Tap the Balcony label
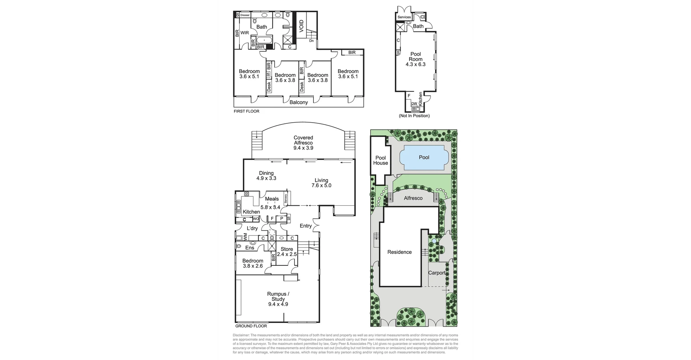(299, 102)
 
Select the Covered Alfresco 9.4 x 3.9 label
(303, 142)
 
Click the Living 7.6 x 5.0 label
(321, 183)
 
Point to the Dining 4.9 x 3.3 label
(266, 176)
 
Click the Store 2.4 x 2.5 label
(287, 251)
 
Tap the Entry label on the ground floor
(306, 226)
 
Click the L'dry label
(252, 228)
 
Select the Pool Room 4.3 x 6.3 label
(416, 59)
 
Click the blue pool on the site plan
(424, 158)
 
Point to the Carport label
(437, 273)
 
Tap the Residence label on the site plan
(399, 252)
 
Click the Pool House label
(380, 160)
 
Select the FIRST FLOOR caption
(247, 111)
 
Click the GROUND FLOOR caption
(251, 326)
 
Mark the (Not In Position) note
(414, 116)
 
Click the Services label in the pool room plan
(404, 17)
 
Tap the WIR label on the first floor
(245, 33)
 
